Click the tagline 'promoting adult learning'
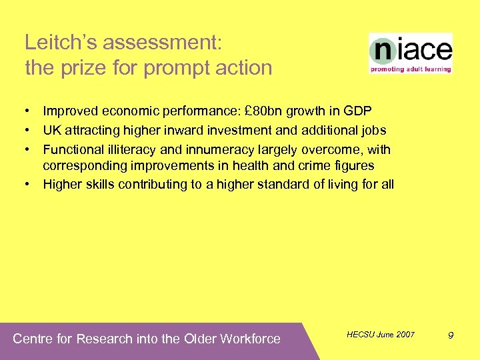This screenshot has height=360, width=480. (x=411, y=69)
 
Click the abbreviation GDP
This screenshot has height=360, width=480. (x=356, y=111)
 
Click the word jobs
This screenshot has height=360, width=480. (x=374, y=130)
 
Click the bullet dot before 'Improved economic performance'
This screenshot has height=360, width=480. (x=31, y=111)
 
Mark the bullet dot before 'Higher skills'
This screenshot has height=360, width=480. (x=31, y=184)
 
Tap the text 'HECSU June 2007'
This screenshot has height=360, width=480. (x=381, y=334)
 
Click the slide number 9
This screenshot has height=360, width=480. (x=451, y=335)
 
